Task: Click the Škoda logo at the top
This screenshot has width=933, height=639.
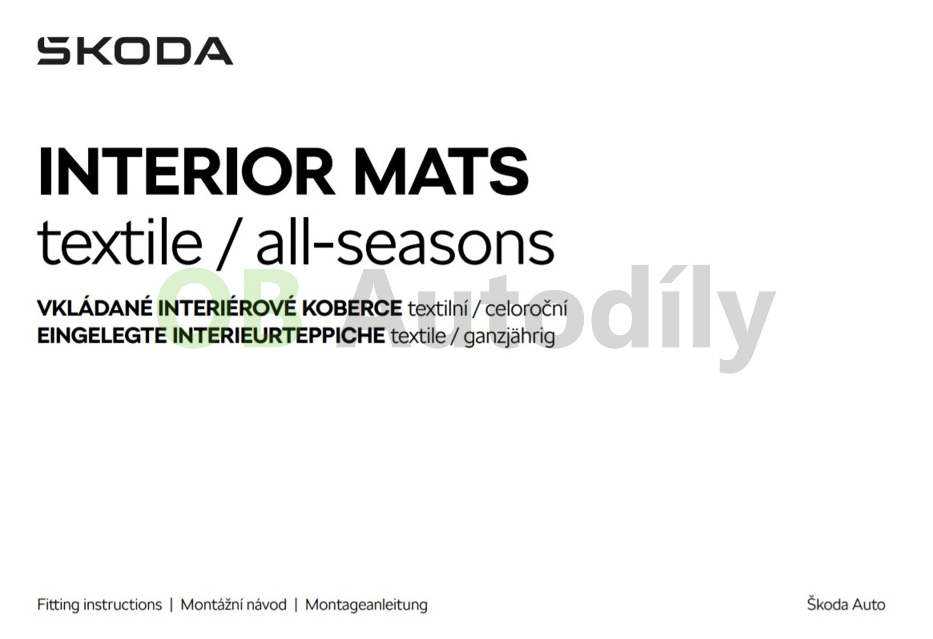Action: click(x=135, y=51)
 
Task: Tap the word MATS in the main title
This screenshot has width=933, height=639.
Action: click(x=441, y=171)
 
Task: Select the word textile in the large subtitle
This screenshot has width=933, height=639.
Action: click(x=120, y=241)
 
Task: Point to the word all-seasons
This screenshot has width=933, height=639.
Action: click(x=405, y=241)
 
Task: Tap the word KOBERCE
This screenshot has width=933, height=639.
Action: click(x=352, y=308)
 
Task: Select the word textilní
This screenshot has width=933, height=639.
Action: click(x=437, y=308)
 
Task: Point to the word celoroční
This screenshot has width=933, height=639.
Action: click(x=527, y=308)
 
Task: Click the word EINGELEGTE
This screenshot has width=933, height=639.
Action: click(x=102, y=335)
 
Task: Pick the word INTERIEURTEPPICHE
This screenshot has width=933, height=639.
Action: click(x=279, y=335)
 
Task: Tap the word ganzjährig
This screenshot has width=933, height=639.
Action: click(x=509, y=336)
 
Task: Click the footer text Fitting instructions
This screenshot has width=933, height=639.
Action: click(x=100, y=605)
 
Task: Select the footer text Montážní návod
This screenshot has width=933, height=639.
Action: click(x=234, y=605)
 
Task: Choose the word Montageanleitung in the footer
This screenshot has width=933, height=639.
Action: click(x=367, y=605)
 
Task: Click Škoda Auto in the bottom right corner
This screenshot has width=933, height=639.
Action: click(x=846, y=604)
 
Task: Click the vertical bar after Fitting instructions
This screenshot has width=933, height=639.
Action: click(x=171, y=605)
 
